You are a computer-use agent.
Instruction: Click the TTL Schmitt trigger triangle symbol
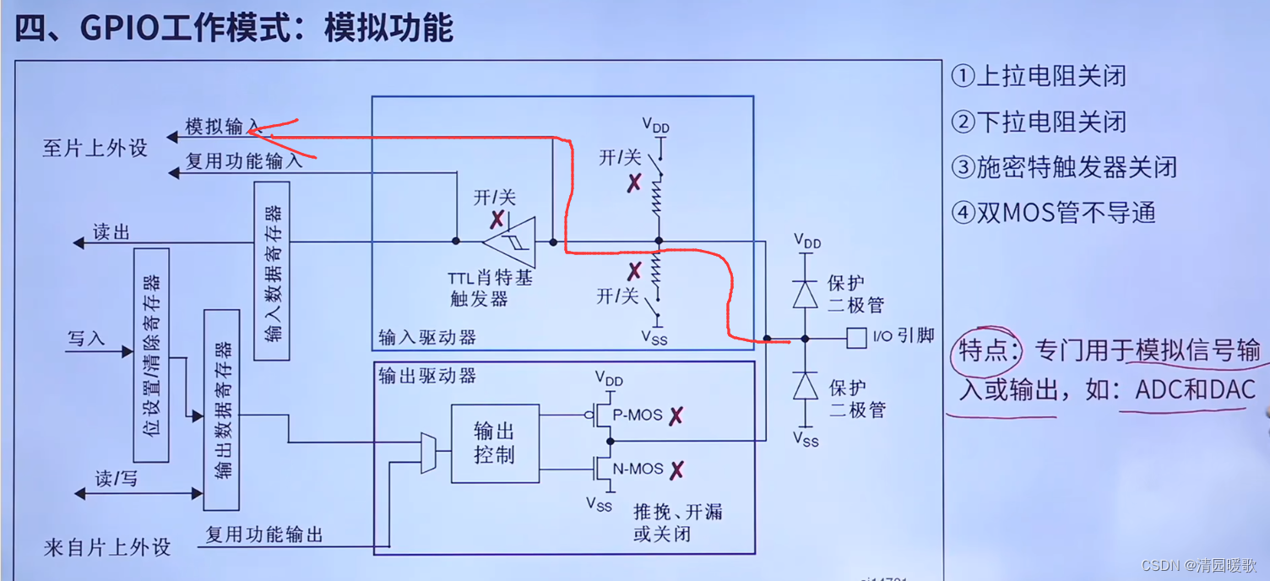509,242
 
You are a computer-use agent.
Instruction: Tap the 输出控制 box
495,443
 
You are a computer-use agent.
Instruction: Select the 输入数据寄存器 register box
272,270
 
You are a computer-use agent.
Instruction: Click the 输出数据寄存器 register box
221,410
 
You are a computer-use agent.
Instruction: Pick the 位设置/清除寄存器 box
152,355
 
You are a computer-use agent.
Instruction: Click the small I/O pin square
856,338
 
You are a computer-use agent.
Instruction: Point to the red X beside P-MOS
676,415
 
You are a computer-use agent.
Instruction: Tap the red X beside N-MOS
676,470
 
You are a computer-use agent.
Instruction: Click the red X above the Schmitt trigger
498,220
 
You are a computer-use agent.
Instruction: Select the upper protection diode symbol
806,293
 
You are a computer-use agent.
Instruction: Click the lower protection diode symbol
806,385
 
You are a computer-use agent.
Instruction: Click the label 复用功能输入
244,160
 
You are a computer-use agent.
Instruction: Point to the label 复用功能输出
264,535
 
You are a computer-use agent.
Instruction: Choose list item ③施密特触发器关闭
1064,167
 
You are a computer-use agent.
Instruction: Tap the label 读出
111,232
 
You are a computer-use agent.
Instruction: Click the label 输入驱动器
427,338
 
